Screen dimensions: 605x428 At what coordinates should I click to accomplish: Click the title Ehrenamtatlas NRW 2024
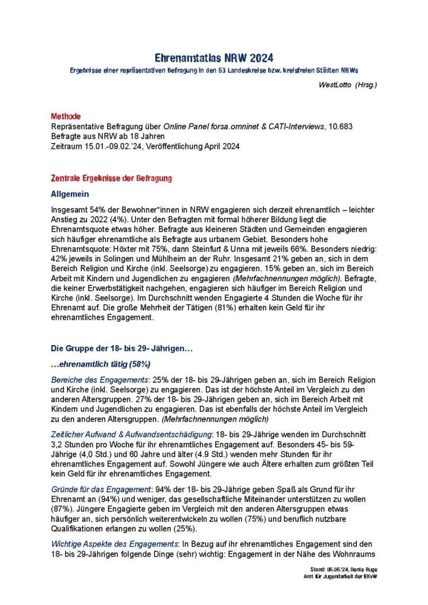pyautogui.click(x=214, y=58)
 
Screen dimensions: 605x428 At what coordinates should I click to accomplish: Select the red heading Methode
pyautogui.click(x=66, y=116)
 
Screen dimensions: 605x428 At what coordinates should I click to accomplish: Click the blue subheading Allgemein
pyautogui.click(x=70, y=193)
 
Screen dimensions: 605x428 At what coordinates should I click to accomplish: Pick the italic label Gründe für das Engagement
pyautogui.click(x=100, y=489)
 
